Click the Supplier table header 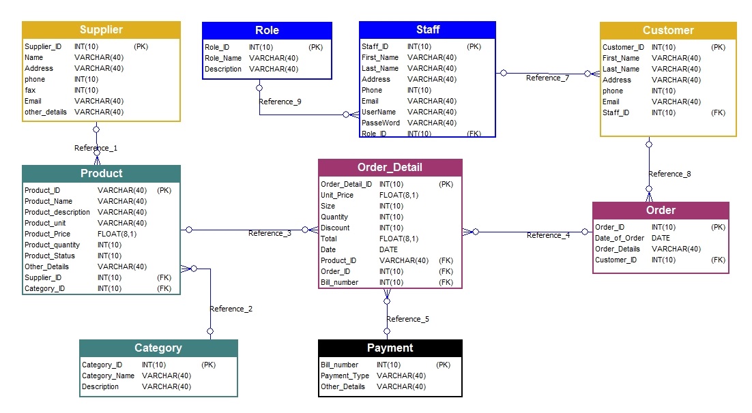pos(101,30)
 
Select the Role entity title pos(267,31)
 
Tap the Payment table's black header pos(390,348)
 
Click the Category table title pos(158,348)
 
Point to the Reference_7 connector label pos(547,78)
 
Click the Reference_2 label pos(231,309)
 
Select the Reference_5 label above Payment pos(407,319)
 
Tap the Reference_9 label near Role pos(280,102)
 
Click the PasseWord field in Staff pos(381,123)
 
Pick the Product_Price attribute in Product pos(47,234)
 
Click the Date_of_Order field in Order pos(620,238)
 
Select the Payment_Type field pos(345,376)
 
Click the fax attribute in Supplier pos(30,90)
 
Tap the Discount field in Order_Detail pos(335,228)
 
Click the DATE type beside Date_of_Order pos(661,238)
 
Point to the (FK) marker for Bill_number pos(446,282)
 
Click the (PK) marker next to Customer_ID pos(718,47)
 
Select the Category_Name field pos(108,376)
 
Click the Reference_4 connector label pos(548,236)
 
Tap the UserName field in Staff pos(379,112)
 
